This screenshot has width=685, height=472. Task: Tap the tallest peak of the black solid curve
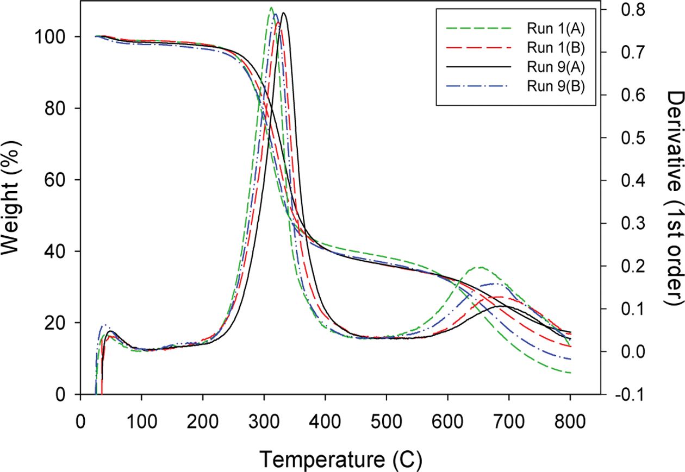coord(284,13)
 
